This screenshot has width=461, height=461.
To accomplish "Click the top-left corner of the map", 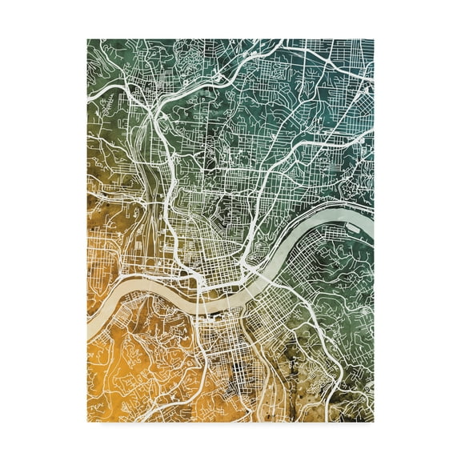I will tap(88, 39).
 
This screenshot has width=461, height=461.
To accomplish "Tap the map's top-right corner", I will tap(373, 39).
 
